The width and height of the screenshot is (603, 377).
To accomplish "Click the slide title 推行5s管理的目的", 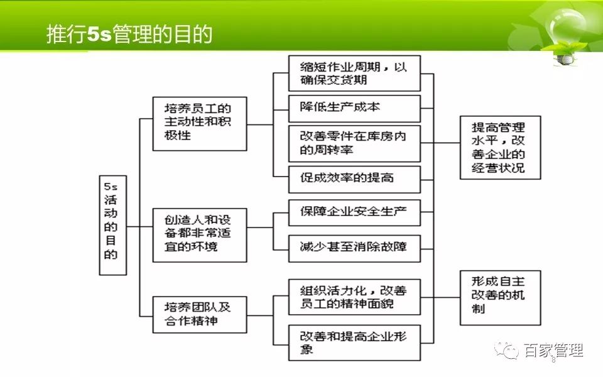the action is (x=129, y=34).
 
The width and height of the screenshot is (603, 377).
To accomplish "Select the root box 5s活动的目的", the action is (x=112, y=226).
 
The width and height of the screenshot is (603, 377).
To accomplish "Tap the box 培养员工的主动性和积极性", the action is (x=200, y=124).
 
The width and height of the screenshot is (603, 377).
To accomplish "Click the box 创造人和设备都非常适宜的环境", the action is (x=200, y=235).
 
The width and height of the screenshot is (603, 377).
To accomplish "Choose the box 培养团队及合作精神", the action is (x=200, y=314).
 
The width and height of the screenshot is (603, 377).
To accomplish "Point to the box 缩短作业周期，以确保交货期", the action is (x=354, y=73).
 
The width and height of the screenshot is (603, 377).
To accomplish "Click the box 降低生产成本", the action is (x=354, y=109).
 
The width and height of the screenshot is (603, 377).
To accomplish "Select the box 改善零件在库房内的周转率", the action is (x=354, y=143).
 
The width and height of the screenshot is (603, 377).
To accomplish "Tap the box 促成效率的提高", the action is (x=354, y=179).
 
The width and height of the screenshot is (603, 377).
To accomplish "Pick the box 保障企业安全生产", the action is (x=354, y=212).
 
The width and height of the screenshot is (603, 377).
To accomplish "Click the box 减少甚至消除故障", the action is (x=354, y=249).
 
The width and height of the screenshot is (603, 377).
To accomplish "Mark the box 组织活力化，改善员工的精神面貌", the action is (x=354, y=297).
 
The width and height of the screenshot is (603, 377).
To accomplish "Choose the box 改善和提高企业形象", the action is (x=354, y=343).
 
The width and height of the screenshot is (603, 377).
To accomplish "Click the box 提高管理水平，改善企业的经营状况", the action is (x=501, y=147).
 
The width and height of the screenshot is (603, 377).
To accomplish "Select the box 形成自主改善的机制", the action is (x=501, y=298).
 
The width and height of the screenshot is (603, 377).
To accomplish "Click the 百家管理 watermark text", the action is (x=553, y=350).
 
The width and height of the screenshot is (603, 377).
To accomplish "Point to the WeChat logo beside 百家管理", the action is (x=506, y=350).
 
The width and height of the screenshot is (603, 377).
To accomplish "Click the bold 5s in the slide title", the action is (x=99, y=35).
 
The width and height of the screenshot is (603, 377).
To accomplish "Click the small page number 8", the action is (x=554, y=361).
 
